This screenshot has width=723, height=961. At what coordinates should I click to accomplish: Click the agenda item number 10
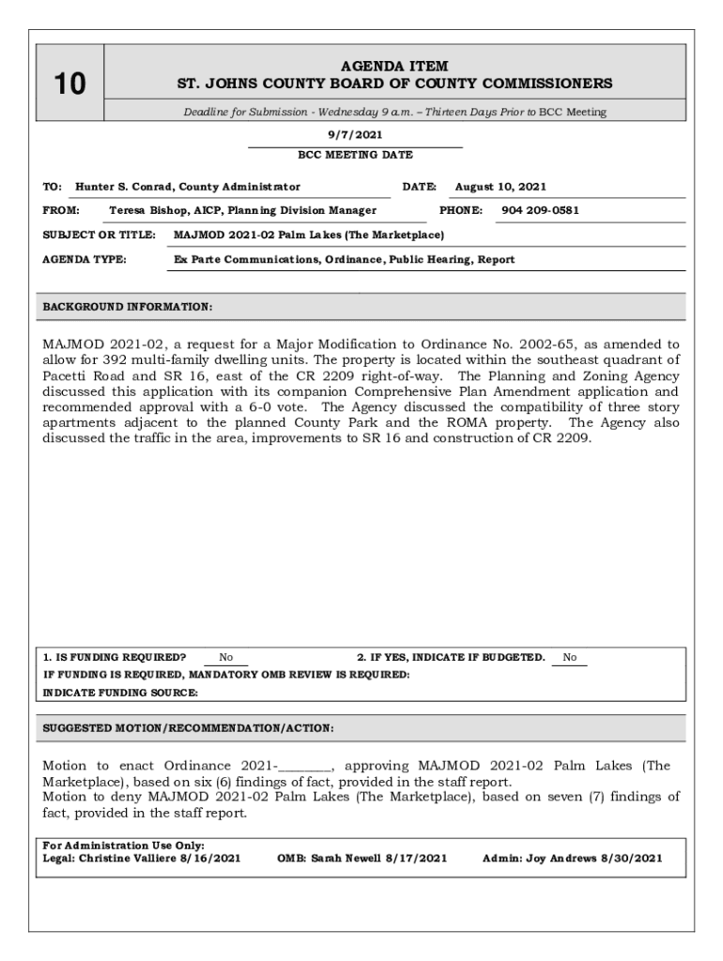[69, 84]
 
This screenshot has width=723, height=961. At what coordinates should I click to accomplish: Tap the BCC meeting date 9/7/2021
[354, 135]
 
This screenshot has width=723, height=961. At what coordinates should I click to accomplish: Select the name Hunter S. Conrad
[125, 187]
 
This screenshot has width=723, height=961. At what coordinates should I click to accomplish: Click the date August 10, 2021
[500, 187]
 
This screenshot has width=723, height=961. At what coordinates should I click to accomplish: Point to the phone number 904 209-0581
[540, 210]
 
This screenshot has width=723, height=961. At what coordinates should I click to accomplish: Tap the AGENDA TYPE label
[85, 259]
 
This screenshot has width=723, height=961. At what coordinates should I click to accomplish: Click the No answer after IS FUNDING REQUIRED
[226, 658]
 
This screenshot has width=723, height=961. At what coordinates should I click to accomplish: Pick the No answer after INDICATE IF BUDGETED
[570, 658]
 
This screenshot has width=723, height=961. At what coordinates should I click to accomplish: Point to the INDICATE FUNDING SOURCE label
[121, 693]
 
